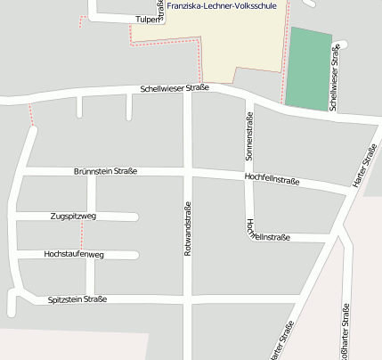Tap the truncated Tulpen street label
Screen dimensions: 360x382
(147, 19)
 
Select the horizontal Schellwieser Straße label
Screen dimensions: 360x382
(174, 89)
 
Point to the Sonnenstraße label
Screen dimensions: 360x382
(249, 136)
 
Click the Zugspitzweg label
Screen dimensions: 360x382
(73, 217)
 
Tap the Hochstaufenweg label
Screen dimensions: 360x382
(74, 255)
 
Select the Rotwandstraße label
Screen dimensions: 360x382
(188, 230)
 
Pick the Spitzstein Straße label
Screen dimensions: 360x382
(77, 299)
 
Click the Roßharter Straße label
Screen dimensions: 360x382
(345, 331)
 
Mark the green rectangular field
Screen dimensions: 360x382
(308, 70)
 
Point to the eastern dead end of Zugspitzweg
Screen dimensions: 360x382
(135, 217)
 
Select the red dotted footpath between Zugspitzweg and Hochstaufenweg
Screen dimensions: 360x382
(82, 236)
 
